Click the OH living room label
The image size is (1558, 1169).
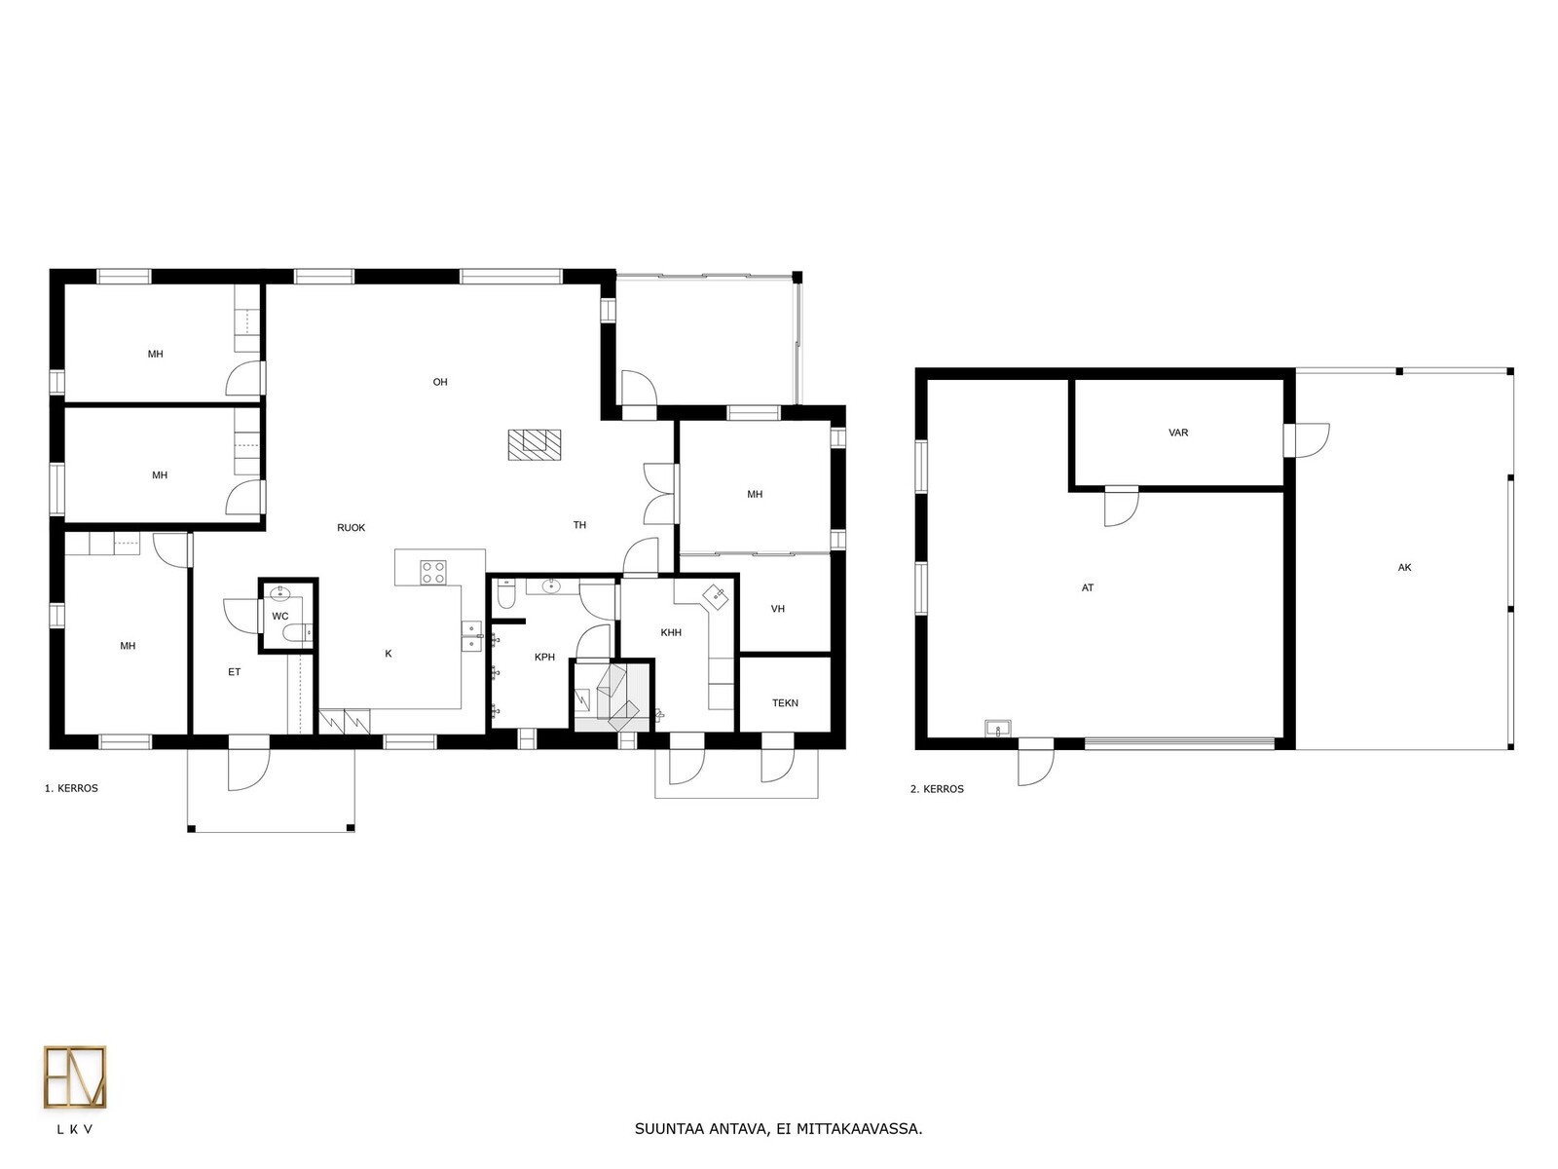pos(440,382)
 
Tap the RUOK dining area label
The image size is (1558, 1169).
pos(352,527)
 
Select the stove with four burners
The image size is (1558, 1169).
pos(433,572)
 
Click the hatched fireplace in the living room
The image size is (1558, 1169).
pos(535,445)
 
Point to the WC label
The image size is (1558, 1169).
pos(280,616)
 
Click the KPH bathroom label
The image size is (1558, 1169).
pos(544,658)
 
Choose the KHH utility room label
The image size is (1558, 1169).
pos(671,632)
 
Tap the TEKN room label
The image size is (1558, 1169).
pos(785,702)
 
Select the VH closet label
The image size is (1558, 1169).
pos(778,608)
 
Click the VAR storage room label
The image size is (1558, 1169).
pos(1178,433)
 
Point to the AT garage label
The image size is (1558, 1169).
pos(1088,587)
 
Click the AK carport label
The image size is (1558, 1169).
pos(1405,567)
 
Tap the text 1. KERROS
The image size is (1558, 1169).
pos(71,788)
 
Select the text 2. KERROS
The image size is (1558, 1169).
pos(937,788)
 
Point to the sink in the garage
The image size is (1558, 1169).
pos(998,729)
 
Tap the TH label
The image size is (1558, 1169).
pos(580,525)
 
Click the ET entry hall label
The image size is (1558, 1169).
pos(235,671)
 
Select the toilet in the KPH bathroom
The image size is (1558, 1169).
pos(506,595)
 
